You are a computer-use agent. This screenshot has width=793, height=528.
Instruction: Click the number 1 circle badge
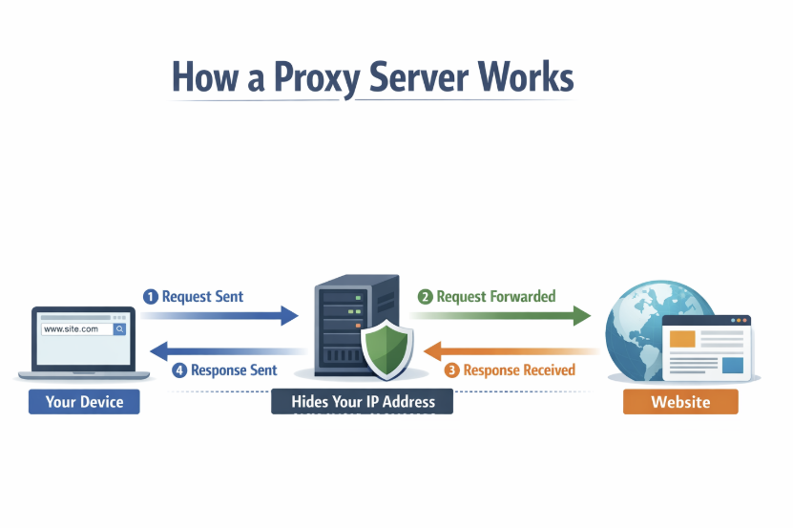(x=150, y=297)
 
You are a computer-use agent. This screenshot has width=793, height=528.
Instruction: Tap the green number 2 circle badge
(x=425, y=297)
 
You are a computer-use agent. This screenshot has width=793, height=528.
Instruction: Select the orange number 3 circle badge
(x=452, y=370)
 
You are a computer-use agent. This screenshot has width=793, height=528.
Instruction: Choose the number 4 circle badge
(x=179, y=370)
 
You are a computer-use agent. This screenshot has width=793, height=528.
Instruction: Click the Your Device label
(x=84, y=402)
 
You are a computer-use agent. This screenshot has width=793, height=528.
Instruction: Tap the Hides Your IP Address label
(x=362, y=402)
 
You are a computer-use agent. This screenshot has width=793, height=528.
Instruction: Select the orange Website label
(x=680, y=402)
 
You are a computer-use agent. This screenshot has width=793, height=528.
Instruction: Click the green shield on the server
(x=386, y=350)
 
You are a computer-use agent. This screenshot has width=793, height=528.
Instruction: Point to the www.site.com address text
(x=72, y=328)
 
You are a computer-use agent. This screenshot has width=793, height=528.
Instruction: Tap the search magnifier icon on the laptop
(x=119, y=328)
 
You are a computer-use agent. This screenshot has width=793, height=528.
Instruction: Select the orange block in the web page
(x=682, y=339)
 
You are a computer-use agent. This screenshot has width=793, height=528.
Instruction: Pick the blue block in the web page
(x=732, y=365)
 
